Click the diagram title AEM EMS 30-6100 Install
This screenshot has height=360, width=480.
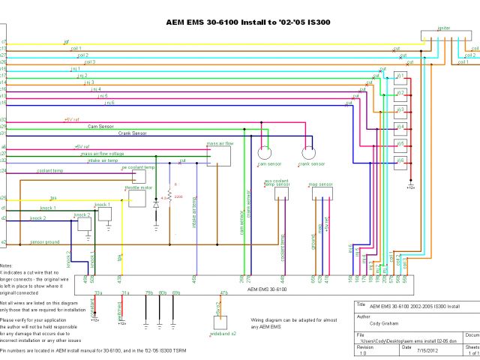point(247,22)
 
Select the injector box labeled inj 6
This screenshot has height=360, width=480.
point(400,161)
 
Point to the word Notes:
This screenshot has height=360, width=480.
point(6,266)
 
